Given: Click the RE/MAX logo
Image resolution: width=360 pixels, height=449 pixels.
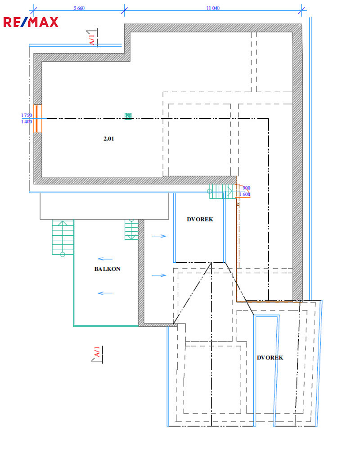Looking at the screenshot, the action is coord(31,22).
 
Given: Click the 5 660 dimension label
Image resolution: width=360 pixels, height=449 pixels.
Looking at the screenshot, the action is coord(79,8).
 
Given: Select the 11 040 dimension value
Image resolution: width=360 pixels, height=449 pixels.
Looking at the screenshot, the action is coord(213,8).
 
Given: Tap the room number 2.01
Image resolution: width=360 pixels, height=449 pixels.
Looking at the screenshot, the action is coord(109,139).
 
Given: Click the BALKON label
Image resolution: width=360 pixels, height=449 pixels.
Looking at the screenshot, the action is coord(108,269).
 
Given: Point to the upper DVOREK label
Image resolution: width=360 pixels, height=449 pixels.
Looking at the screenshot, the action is coord(200,220).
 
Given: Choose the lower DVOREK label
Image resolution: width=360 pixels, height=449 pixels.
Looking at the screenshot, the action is coord(270,358).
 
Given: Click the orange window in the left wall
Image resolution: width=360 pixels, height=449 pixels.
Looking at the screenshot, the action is coord(37,119).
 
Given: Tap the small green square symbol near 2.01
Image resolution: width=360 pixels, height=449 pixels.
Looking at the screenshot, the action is coord(128,116).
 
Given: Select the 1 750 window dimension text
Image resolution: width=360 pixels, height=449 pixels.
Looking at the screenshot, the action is coord(27,116).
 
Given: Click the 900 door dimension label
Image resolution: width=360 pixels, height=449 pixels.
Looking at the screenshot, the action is coord(246,188).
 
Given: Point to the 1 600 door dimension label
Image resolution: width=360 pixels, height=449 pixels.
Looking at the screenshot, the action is coord(245,194).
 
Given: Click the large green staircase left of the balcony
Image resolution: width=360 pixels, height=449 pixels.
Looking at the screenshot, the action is coord(63,238).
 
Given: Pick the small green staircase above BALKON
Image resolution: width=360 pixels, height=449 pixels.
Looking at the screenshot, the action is coord(131,229).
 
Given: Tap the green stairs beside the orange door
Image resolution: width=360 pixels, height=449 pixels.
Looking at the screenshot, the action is coord(221,191).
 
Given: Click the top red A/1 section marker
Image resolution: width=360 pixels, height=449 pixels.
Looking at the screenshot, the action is coord(93,38).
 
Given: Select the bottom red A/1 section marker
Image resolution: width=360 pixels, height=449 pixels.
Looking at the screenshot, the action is coord(97,354).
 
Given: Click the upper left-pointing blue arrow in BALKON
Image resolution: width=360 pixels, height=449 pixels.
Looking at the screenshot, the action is coord(105,259).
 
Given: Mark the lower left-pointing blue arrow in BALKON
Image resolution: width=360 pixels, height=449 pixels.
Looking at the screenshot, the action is coord(105,293).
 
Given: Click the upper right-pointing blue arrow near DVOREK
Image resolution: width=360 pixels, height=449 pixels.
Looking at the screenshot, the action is coord(159,236).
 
